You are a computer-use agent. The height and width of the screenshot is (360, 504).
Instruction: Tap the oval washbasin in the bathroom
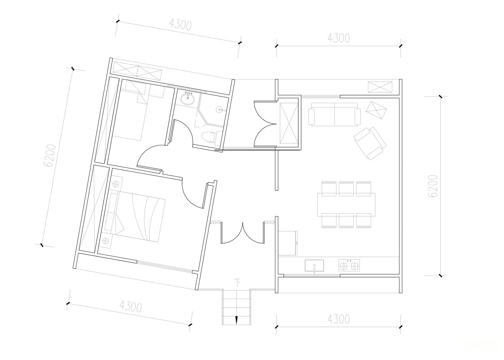[x=187, y=99]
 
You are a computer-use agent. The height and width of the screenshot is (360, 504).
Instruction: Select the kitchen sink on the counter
[x=314, y=266]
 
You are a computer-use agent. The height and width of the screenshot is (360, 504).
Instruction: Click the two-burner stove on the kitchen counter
[x=349, y=265]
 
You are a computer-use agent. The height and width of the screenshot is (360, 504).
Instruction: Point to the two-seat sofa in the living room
[x=334, y=114]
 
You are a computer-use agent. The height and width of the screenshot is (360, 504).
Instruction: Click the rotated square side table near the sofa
[x=376, y=110]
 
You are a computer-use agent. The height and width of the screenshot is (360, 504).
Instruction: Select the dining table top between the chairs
[x=346, y=205]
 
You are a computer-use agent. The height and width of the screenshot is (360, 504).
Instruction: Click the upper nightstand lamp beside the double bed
[x=115, y=184]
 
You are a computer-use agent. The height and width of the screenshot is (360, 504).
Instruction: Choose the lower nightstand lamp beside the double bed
[x=105, y=241]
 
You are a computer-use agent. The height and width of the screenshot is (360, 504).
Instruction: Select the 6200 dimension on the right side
[x=432, y=186]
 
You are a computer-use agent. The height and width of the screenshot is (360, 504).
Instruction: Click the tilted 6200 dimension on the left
[x=49, y=156]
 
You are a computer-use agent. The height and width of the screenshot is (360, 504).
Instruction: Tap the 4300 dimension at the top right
[x=339, y=38]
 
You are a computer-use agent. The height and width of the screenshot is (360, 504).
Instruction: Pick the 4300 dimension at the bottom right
[x=339, y=319]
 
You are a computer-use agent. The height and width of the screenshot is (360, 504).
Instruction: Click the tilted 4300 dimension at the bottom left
[x=130, y=306]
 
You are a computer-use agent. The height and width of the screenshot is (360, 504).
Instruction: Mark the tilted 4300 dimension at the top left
[x=180, y=24]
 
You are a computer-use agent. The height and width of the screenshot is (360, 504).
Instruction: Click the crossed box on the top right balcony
[x=380, y=87]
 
